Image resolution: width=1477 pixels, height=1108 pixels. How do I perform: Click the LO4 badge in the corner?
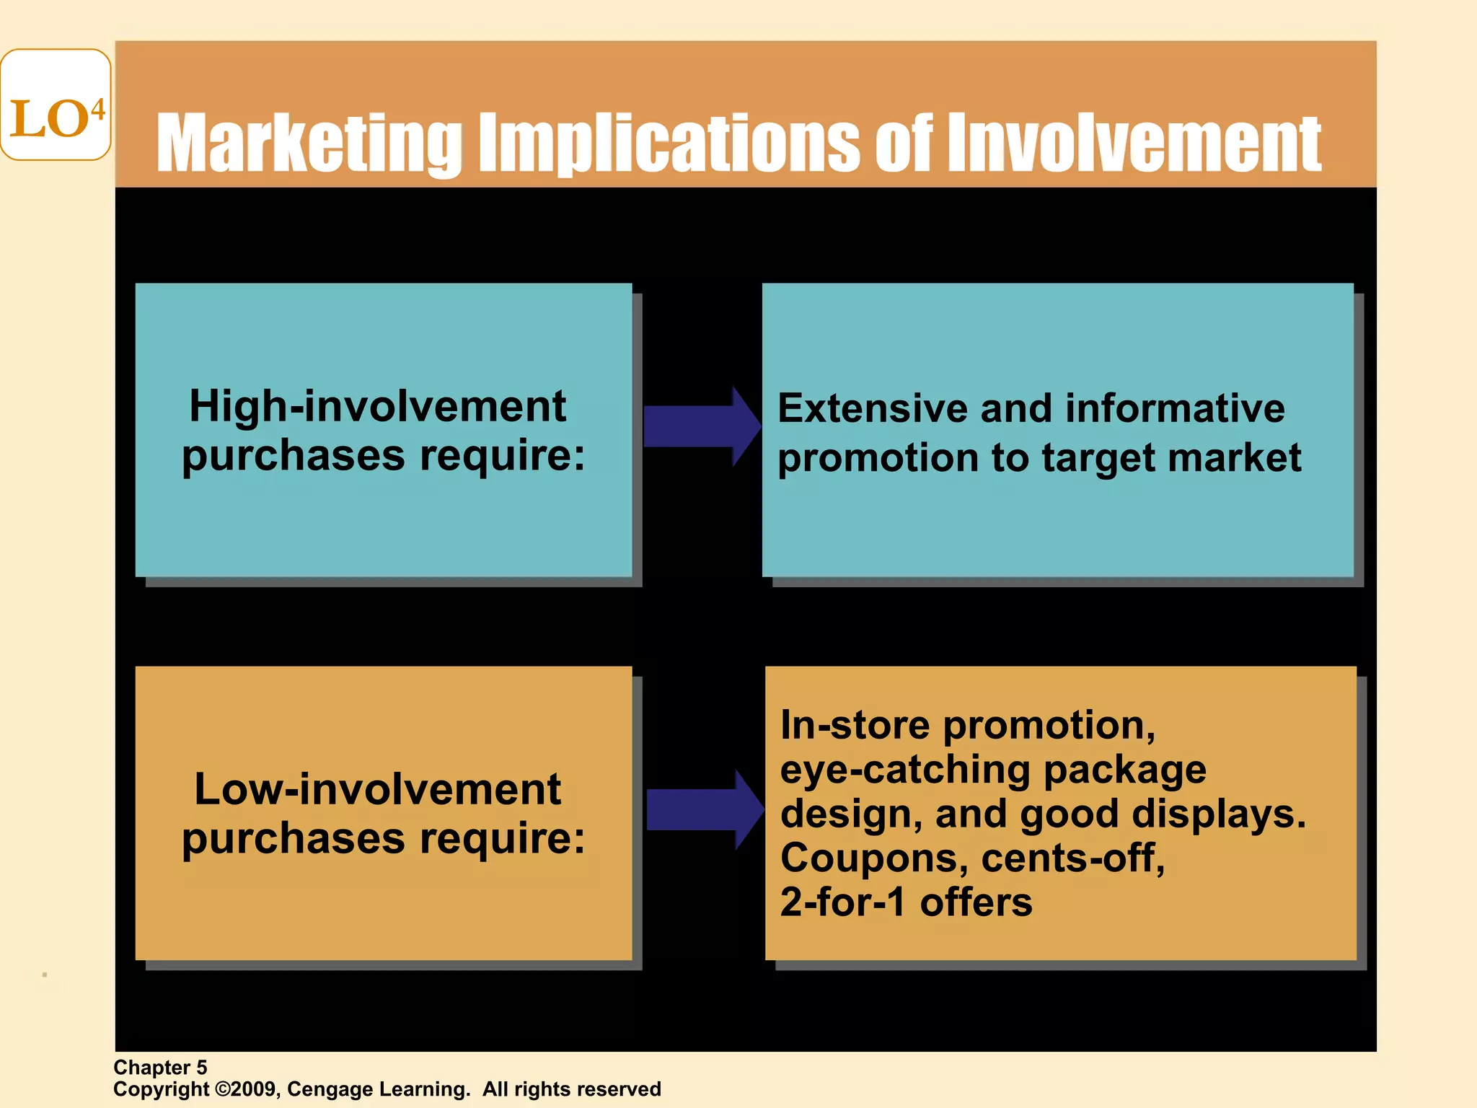pyautogui.click(x=56, y=105)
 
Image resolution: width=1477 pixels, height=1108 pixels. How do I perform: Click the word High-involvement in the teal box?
pyautogui.click(x=377, y=406)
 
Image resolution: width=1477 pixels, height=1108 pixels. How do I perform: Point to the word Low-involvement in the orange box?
pyautogui.click(x=377, y=789)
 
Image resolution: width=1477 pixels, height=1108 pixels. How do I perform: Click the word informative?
pyautogui.click(x=1175, y=408)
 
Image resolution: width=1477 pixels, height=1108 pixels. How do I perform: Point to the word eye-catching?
pyautogui.click(x=906, y=770)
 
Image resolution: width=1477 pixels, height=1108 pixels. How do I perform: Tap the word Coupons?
pyautogui.click(x=874, y=858)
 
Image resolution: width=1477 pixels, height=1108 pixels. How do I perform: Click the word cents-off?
pyautogui.click(x=1073, y=858)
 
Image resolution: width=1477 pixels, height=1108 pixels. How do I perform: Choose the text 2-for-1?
pyautogui.click(x=842, y=902)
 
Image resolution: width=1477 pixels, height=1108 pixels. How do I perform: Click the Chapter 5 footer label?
pyautogui.click(x=160, y=1068)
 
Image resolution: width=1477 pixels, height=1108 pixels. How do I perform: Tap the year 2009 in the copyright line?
pyautogui.click(x=252, y=1089)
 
